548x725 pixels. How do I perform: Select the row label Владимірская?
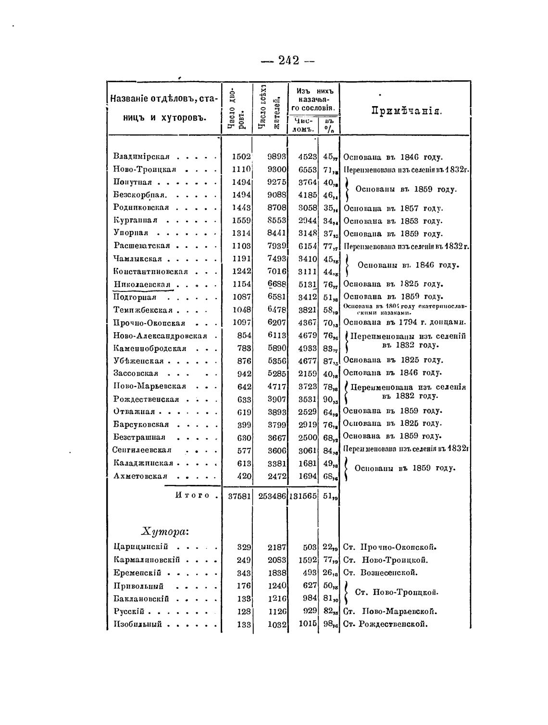141,157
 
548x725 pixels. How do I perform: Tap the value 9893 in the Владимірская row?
277,157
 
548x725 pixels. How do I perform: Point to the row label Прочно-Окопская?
149,323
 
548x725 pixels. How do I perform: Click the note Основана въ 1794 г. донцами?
405,322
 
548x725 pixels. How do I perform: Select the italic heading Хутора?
165,531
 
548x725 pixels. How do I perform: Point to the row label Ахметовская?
140,476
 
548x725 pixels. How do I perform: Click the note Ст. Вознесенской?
381,572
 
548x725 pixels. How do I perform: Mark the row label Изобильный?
137,624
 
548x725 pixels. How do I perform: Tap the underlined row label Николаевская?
142,284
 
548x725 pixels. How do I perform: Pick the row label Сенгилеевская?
142,450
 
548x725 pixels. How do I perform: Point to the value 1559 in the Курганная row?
241,221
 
